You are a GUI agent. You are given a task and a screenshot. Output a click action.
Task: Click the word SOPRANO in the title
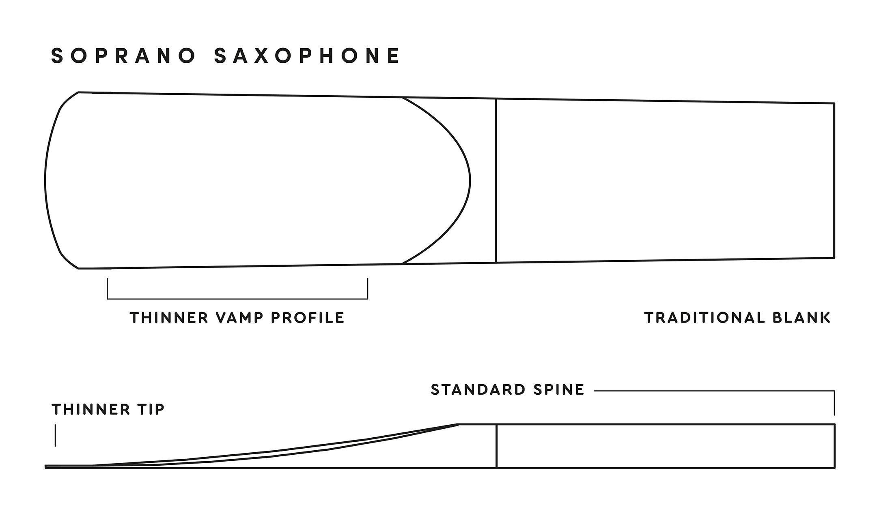[x=123, y=56]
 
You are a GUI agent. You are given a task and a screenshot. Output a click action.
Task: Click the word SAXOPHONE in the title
[x=307, y=56]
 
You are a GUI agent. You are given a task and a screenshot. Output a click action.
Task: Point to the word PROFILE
[x=308, y=318]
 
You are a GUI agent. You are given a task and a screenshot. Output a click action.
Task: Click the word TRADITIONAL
[x=704, y=318]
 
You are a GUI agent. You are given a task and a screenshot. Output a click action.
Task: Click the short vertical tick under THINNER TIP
[x=55, y=435]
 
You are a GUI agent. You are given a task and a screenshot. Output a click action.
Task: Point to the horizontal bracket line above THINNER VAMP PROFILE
[x=237, y=299]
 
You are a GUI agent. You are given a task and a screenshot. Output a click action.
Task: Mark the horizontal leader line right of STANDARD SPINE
[x=715, y=391]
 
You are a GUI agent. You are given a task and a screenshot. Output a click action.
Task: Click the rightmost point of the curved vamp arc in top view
[x=470, y=181]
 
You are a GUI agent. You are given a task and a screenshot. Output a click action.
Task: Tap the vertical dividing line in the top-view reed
[x=496, y=181]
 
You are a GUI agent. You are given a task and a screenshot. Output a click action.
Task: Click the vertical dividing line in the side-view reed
[x=497, y=446]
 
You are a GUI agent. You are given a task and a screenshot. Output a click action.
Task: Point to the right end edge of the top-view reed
[x=834, y=180]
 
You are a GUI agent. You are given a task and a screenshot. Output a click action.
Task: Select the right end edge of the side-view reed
[x=835, y=446]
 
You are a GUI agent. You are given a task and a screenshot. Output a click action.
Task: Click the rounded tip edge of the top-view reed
[x=45, y=180]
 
